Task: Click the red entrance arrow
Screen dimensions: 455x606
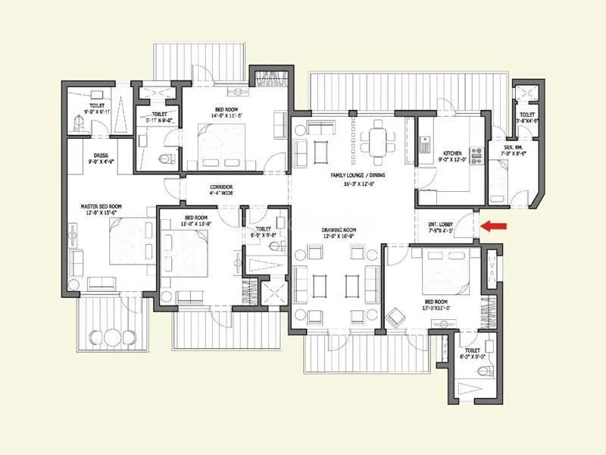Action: tap(496, 225)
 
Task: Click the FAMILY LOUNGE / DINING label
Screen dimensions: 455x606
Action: tap(357, 175)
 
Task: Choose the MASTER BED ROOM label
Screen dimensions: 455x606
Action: tap(102, 206)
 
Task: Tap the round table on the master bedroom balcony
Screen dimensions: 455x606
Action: tap(111, 336)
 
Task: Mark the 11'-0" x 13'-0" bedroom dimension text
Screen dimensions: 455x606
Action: tap(196, 224)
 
